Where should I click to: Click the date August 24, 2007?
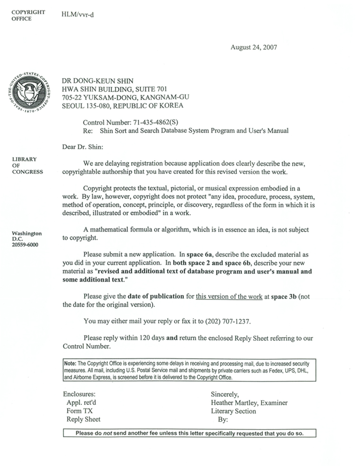coord(253,47)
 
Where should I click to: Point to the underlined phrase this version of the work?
coord(229,296)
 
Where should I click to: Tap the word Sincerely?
coord(225,394)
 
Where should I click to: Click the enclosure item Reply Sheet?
coord(83,420)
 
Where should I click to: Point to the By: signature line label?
coord(223,420)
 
